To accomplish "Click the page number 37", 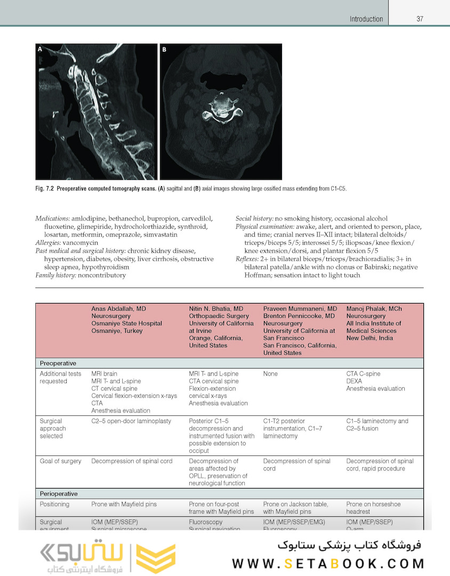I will click(420, 19).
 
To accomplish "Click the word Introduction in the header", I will click(366, 19).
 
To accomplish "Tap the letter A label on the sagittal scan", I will click(40, 49).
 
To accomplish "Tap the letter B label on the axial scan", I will click(164, 50).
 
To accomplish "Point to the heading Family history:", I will click(55, 275).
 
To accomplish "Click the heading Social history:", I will click(254, 219).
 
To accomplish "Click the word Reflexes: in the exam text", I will click(248, 259).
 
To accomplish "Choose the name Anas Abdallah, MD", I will click(118, 309).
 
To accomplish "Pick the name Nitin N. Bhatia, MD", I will click(216, 309).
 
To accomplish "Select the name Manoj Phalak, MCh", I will click(374, 309).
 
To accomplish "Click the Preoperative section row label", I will click(58, 363).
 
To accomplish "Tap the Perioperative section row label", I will click(59, 494).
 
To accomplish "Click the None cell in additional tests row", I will click(270, 374).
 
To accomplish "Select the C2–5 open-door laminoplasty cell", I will click(131, 421).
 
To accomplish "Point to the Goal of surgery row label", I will click(60, 461).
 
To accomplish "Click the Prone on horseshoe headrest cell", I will click(373, 508).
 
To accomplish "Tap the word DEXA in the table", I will click(354, 381).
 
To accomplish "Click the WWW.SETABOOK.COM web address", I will click(328, 563).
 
